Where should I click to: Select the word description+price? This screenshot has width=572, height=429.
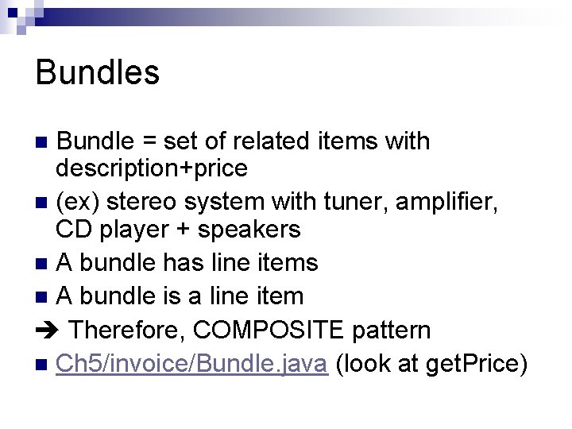(151, 168)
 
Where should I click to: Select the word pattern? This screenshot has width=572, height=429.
(392, 330)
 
